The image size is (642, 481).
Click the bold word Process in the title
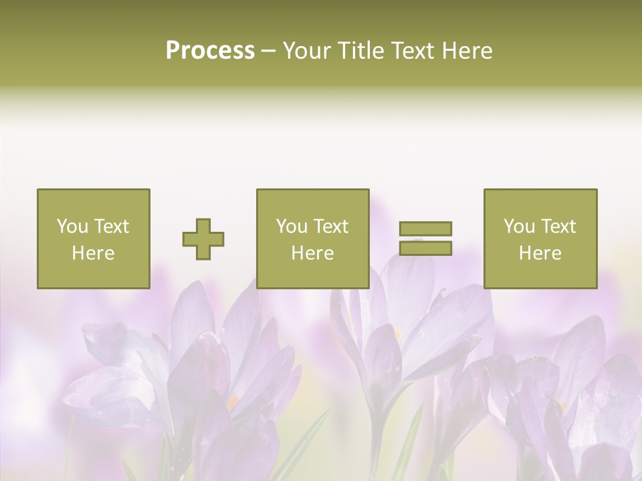tap(210, 51)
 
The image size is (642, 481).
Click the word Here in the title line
tap(470, 51)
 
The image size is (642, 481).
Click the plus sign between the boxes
tap(203, 238)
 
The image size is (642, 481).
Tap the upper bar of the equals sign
tap(425, 228)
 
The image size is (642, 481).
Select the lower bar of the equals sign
tap(425, 248)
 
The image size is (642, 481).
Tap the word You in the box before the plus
tap(72, 226)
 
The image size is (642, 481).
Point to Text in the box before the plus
tap(111, 226)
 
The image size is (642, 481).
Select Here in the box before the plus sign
tap(94, 253)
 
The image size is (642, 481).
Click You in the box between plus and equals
tap(292, 226)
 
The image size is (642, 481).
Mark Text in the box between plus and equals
tap(330, 226)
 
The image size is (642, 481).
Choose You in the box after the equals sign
tap(519, 226)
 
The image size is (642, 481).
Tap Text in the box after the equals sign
tap(558, 226)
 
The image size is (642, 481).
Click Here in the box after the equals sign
tap(540, 253)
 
